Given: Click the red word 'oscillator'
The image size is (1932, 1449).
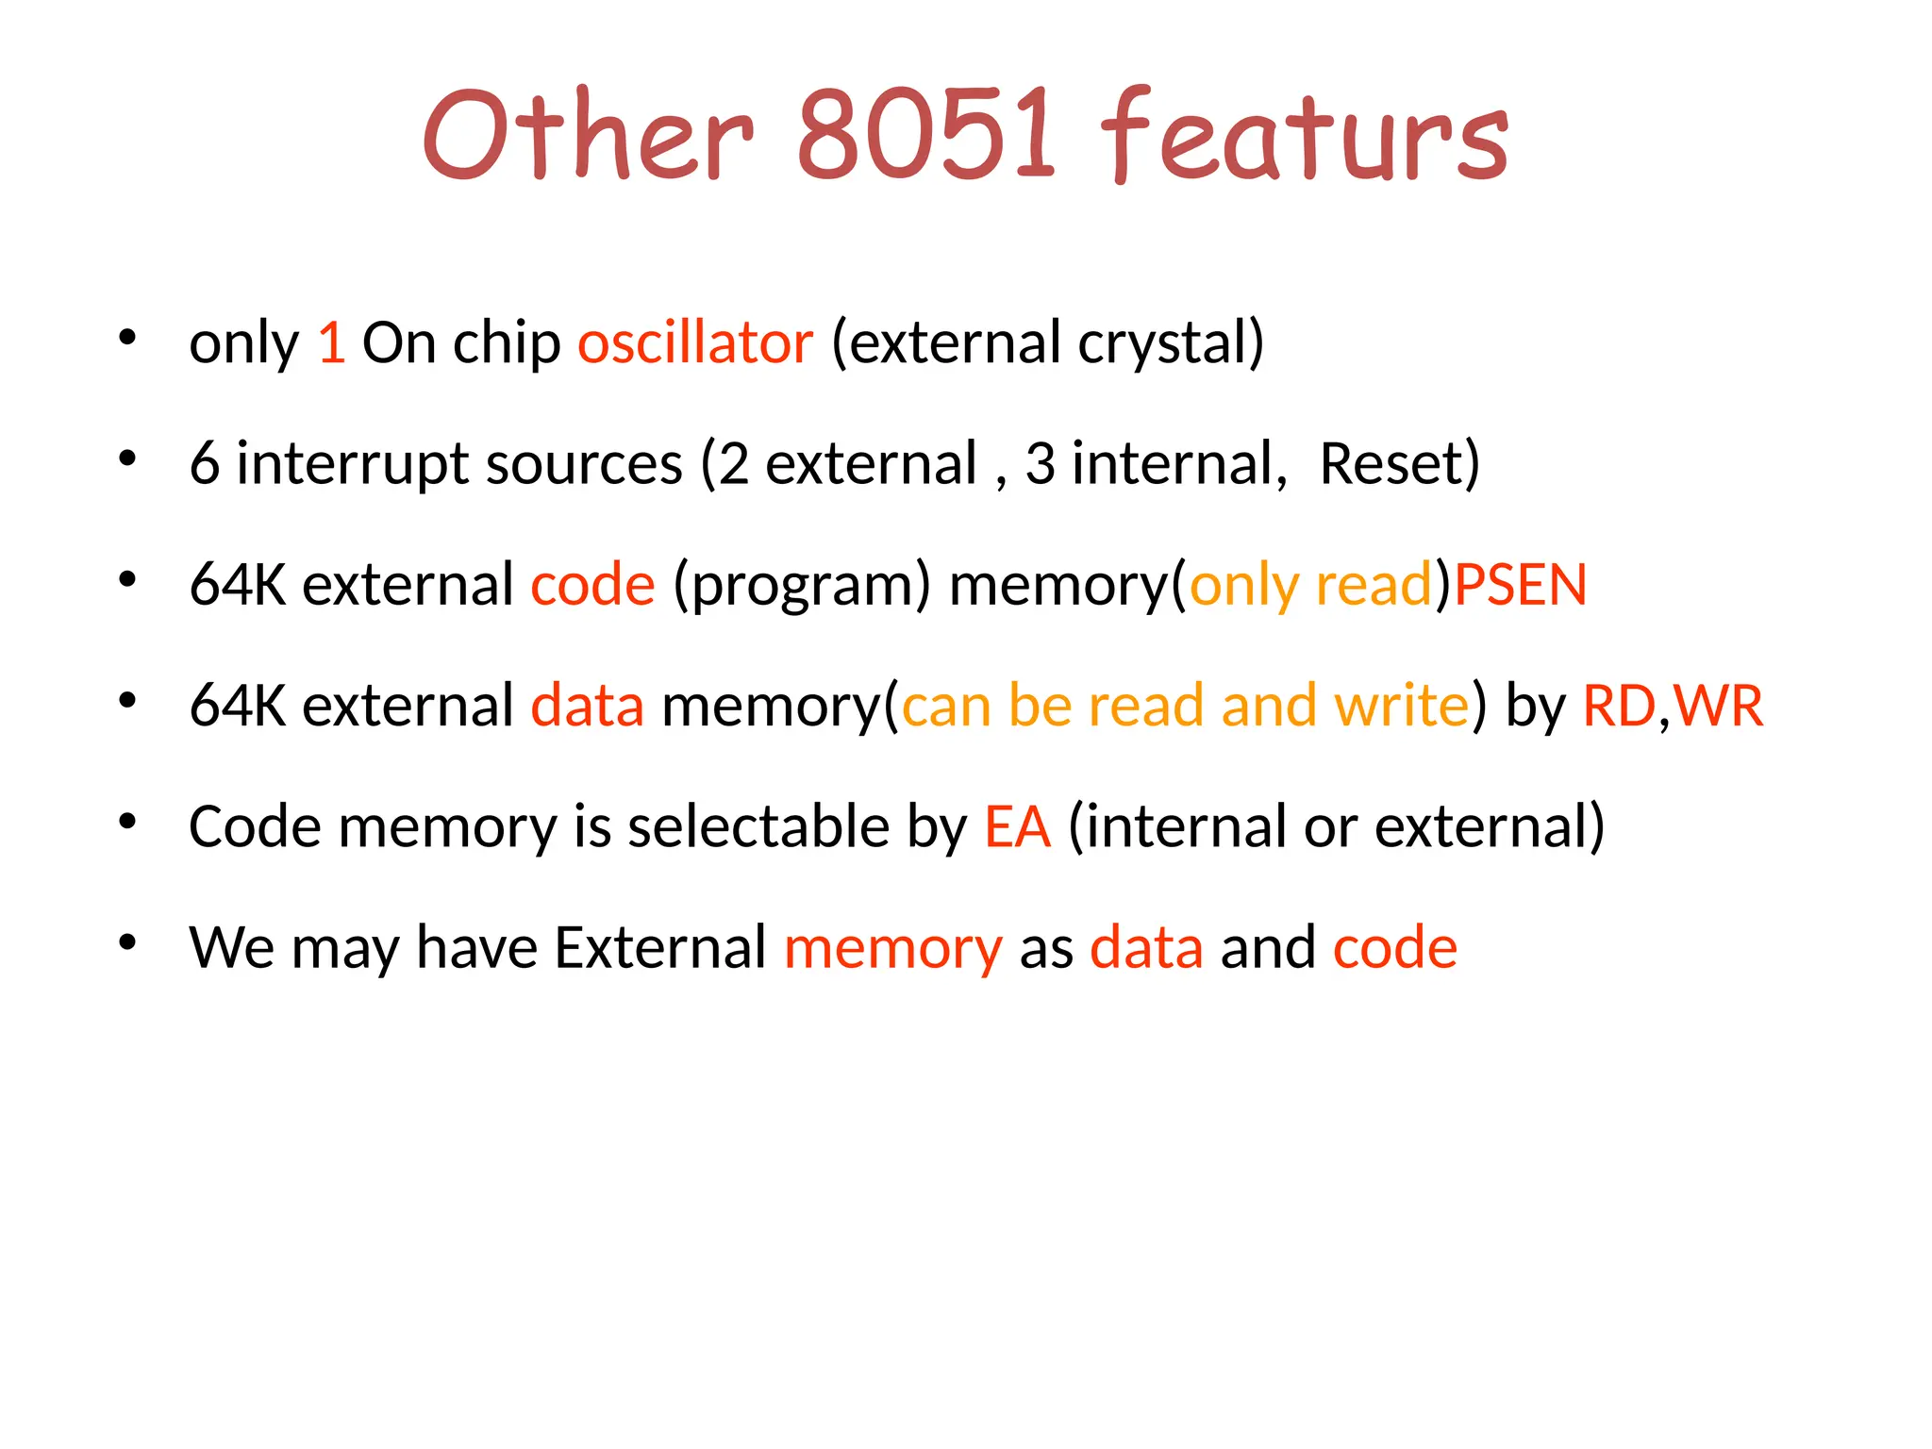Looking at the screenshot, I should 695,342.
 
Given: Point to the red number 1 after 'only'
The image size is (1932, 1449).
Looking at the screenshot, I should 331,342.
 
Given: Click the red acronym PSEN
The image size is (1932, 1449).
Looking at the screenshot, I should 1521,584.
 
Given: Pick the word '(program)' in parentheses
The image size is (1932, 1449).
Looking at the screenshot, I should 802,586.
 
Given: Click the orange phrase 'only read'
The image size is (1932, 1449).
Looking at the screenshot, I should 1311,586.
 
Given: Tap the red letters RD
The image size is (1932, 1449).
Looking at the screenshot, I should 1618,706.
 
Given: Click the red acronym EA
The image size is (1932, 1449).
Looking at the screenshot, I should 1017,826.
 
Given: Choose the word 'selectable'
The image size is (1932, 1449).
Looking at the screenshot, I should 758,826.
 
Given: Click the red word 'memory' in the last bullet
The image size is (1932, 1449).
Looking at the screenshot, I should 892,949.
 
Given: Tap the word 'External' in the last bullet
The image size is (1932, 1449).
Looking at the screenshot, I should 660,947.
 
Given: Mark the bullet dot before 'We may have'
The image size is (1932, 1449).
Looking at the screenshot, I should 128,942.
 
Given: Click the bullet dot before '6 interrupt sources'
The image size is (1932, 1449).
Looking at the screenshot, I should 128,458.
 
